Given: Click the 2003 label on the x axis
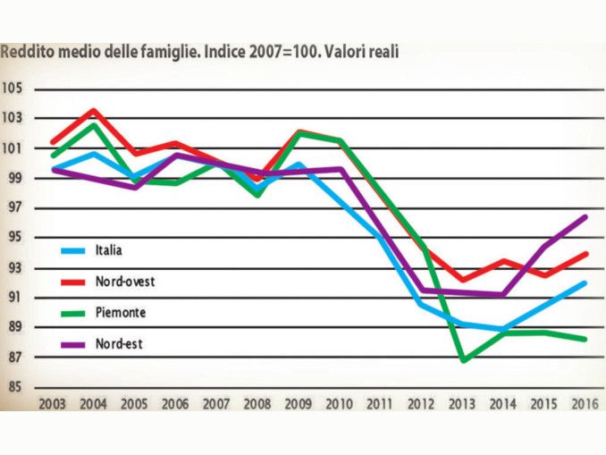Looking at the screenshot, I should [x=53, y=403].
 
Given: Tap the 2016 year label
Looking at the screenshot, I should [x=585, y=403].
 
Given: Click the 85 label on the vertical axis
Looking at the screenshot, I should [x=14, y=387].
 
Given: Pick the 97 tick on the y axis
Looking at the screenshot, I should [x=14, y=207].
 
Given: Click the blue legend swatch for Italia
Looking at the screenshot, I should [x=72, y=250].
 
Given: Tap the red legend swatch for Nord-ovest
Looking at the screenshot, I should [x=72, y=282].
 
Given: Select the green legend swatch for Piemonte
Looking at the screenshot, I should [x=72, y=313].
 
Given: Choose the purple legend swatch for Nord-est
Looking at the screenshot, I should [x=72, y=342].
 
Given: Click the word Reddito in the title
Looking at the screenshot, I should [x=25, y=52].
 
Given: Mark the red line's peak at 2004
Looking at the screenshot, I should [x=94, y=111].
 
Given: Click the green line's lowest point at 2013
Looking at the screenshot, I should [x=464, y=360].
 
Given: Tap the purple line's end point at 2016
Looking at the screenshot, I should [x=585, y=216].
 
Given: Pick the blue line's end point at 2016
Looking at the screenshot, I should [x=585, y=282].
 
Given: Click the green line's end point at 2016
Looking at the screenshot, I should [x=585, y=339].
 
